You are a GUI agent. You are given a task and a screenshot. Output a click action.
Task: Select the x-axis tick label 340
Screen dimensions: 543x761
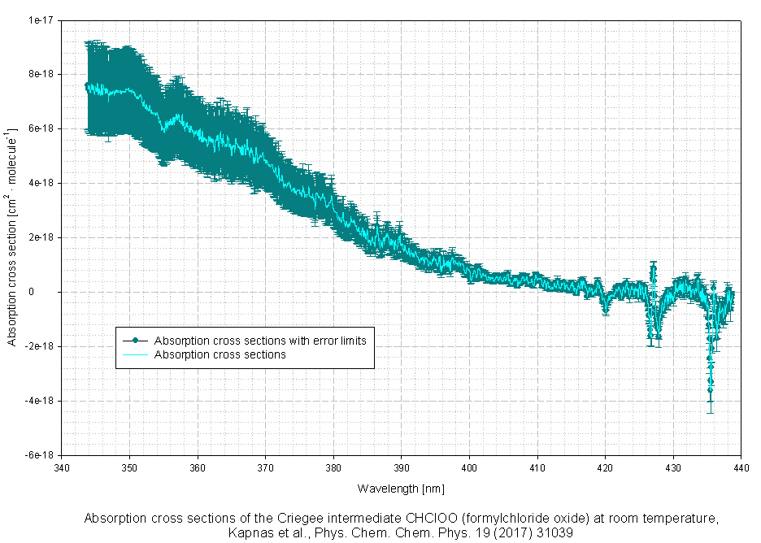click(62, 468)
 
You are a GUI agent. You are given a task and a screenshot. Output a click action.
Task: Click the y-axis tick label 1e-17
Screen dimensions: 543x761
click(40, 20)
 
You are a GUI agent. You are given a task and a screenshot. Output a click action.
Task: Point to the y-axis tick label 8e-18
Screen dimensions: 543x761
click(40, 74)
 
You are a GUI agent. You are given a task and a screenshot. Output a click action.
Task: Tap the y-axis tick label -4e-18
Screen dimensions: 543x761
click(38, 401)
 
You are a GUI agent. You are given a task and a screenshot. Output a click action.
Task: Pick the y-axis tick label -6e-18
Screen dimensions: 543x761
click(38, 455)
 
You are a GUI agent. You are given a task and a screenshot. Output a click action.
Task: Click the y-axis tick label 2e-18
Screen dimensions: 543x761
click(40, 237)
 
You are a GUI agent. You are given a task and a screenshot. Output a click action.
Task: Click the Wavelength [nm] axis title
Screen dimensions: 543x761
click(401, 489)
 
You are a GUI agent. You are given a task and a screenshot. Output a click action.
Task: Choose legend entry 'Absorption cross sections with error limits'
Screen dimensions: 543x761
click(260, 341)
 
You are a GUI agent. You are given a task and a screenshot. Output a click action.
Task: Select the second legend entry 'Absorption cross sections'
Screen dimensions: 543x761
click(220, 354)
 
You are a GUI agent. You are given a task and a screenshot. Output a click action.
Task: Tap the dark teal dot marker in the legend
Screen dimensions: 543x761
click(135, 341)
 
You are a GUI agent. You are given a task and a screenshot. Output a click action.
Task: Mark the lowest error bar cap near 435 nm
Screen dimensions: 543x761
click(710, 413)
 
